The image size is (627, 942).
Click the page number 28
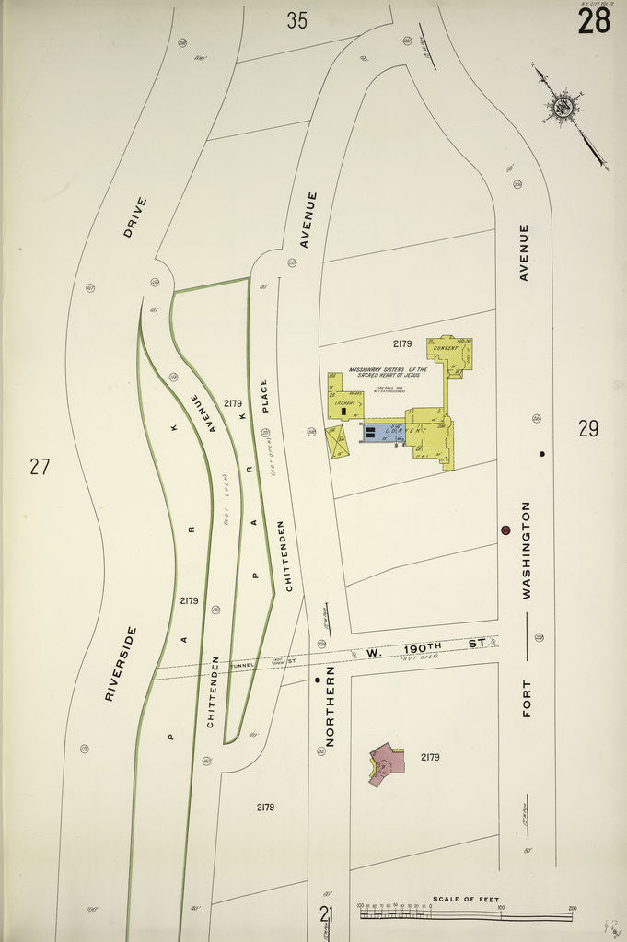[x=594, y=19]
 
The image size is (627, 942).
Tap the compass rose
[x=563, y=107]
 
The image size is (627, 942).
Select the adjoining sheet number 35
[x=296, y=20]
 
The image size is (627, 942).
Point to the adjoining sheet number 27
[x=39, y=466]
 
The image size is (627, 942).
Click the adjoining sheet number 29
[x=589, y=428]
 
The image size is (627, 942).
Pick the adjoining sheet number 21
[x=326, y=914]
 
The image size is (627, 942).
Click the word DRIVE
[x=134, y=217]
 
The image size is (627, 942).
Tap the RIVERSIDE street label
[x=120, y=664]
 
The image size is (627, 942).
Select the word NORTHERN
[x=330, y=706]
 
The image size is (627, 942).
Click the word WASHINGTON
[x=527, y=551]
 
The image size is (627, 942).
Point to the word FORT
[x=528, y=697]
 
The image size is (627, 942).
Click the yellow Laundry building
[x=346, y=401]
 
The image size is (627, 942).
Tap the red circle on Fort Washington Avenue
[x=505, y=530]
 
